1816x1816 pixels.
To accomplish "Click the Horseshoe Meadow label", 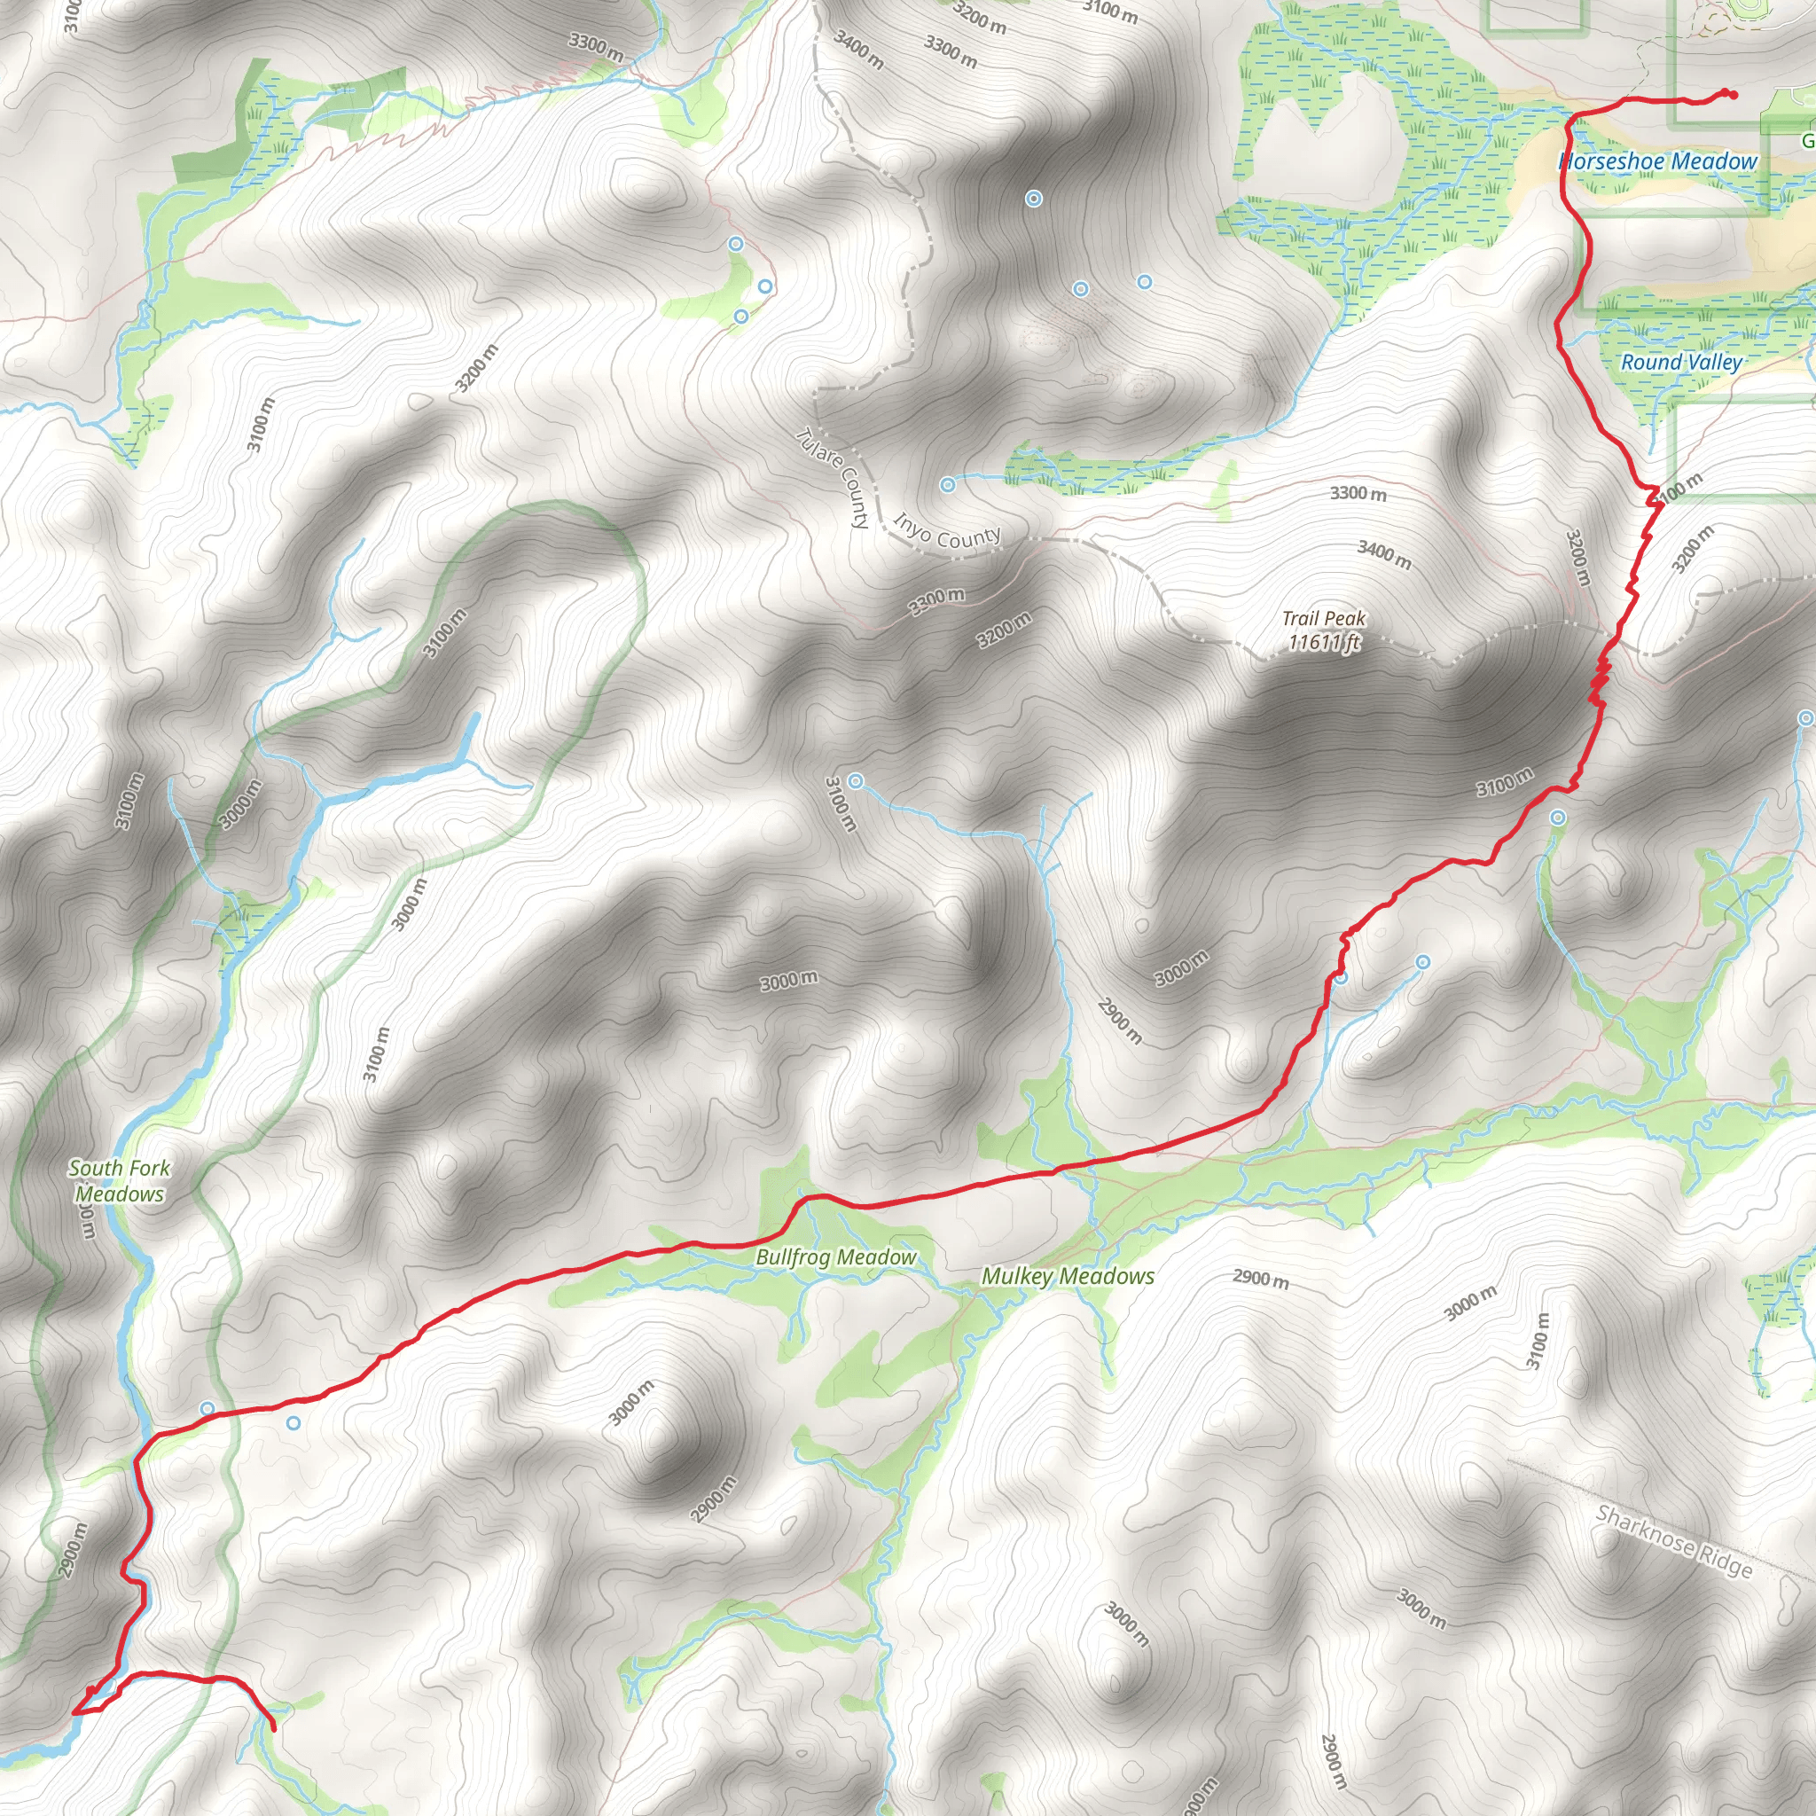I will click(x=1657, y=161).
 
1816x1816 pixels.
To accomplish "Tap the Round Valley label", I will click(x=1680, y=362).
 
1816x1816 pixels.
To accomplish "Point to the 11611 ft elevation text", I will click(x=1324, y=642).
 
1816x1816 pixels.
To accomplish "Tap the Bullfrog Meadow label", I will click(x=835, y=1256).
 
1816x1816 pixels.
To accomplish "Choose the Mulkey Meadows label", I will click(x=1068, y=1275).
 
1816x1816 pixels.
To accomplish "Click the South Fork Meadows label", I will click(x=120, y=1180).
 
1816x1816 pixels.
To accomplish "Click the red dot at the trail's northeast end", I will click(x=1733, y=94).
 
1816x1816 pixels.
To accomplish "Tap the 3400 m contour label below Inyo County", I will click(x=1383, y=554).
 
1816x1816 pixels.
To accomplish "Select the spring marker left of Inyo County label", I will click(x=948, y=485).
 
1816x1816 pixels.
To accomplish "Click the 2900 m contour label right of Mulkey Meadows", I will click(x=1261, y=1279).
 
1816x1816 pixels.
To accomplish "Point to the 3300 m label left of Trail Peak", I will click(x=937, y=600).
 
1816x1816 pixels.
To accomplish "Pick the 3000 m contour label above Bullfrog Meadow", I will click(x=788, y=982).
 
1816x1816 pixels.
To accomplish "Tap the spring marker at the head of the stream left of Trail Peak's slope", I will click(x=856, y=781).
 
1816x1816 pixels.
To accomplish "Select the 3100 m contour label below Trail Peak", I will click(x=1504, y=782).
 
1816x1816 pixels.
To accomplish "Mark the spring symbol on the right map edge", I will click(x=1804, y=719).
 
